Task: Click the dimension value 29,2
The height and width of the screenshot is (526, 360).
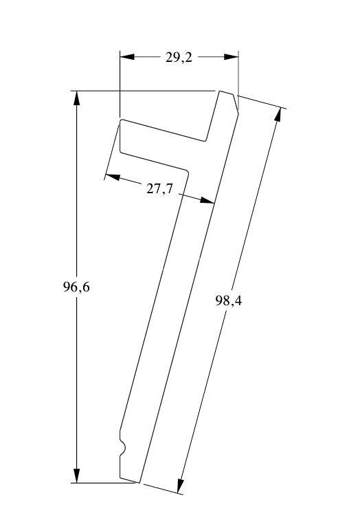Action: [179, 57]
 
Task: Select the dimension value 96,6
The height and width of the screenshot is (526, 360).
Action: [76, 287]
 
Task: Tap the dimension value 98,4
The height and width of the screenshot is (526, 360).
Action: [228, 301]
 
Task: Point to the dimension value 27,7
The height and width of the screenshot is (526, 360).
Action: [159, 189]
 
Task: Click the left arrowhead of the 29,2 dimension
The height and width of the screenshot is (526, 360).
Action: [127, 56]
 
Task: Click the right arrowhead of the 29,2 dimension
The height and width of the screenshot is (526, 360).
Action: [232, 56]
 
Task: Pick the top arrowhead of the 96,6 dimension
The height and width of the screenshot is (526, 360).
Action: [77, 98]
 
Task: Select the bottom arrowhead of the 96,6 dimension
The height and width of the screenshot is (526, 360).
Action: [77, 476]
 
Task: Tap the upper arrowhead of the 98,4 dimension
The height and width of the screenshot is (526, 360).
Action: [278, 114]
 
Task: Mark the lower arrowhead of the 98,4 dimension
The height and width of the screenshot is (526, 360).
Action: [180, 485]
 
